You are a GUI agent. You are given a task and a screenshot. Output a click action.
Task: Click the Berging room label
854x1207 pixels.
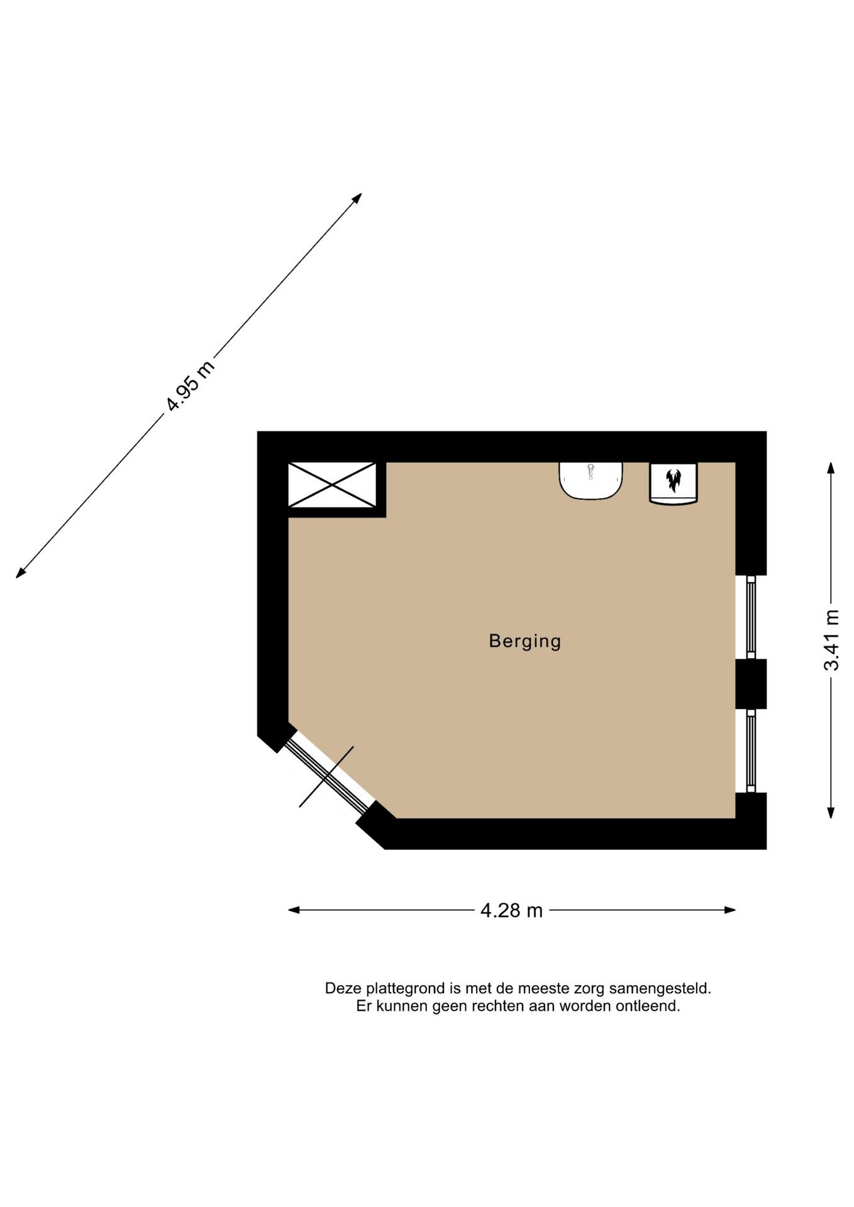(x=524, y=641)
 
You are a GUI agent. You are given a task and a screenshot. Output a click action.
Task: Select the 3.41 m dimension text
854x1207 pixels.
(x=831, y=640)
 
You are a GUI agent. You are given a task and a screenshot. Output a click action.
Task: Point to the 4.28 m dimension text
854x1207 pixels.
(x=511, y=910)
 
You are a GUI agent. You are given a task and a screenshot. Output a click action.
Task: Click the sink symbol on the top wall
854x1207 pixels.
(x=591, y=481)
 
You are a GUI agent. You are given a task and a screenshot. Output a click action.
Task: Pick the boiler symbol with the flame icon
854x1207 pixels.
(x=674, y=483)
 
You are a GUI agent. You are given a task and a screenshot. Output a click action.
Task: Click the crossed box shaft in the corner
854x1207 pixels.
(x=332, y=485)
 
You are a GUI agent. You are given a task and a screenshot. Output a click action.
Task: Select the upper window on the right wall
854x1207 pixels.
(x=750, y=617)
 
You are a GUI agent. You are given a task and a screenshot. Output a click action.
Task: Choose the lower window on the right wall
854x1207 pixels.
(x=750, y=751)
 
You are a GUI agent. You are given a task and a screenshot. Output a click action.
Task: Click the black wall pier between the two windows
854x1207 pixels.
(x=751, y=684)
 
